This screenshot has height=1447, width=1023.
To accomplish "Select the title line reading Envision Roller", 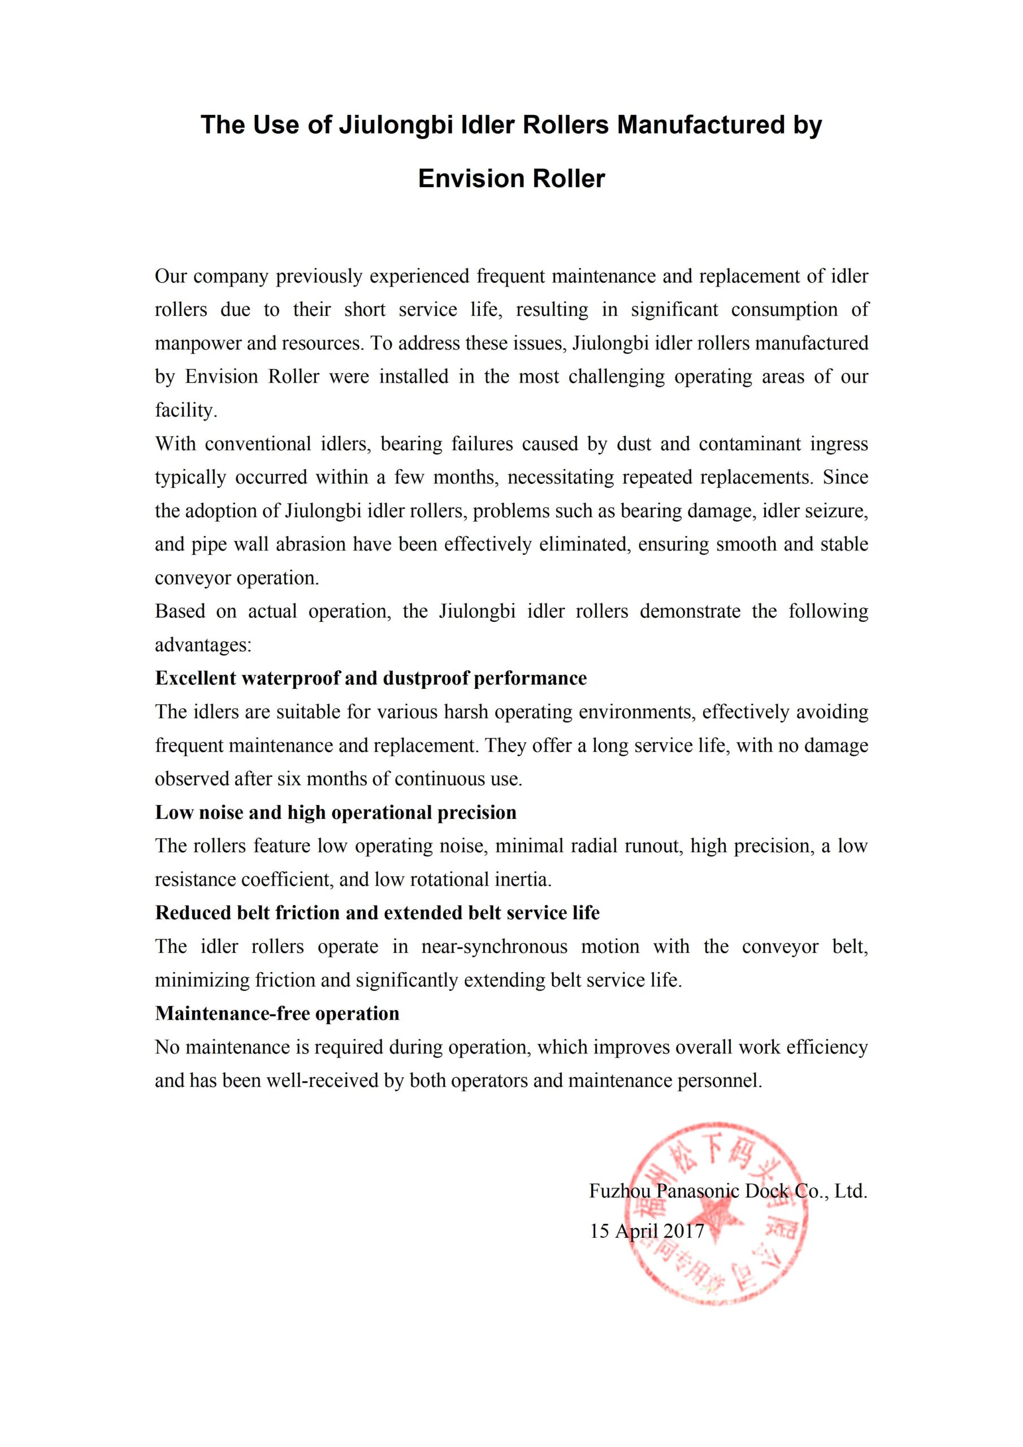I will point(511,179).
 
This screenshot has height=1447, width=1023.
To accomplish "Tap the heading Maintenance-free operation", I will point(278,1013).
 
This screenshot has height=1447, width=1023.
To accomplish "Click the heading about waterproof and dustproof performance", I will point(371,678).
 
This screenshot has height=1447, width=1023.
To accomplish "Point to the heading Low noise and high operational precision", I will point(336,812).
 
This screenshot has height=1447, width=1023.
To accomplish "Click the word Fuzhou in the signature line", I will point(619,1190).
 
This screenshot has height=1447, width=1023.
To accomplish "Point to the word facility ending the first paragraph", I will point(186,410).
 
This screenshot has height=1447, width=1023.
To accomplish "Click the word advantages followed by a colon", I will point(203,645).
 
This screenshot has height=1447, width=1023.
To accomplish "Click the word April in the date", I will point(635,1231).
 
